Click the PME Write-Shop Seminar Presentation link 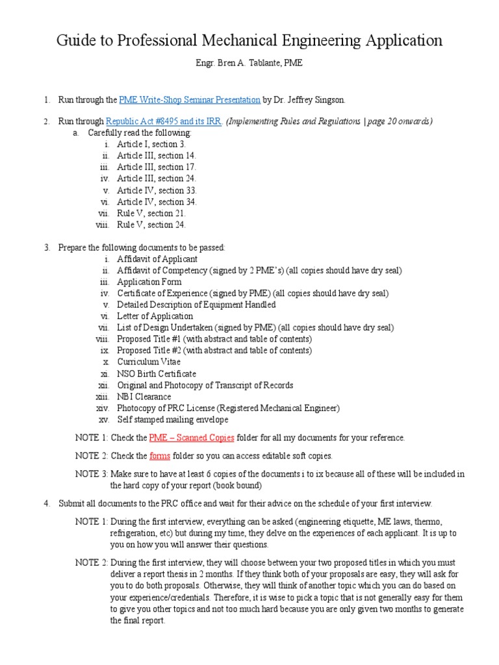click(x=190, y=100)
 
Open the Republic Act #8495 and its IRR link click(x=164, y=121)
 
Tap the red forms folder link click(x=159, y=455)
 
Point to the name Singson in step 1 click(x=327, y=100)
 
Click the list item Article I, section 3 click(x=151, y=144)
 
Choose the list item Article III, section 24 click(x=156, y=179)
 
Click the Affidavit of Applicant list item click(x=157, y=259)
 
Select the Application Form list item click(x=149, y=282)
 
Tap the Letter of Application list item click(x=155, y=316)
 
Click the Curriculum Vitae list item click(x=149, y=362)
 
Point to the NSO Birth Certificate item click(x=157, y=373)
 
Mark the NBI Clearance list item click(x=144, y=397)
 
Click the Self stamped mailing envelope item click(x=172, y=420)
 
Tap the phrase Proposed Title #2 click(x=149, y=351)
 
